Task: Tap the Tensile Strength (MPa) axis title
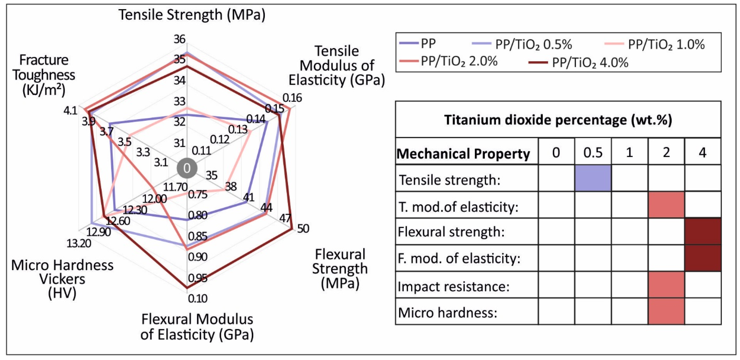192,15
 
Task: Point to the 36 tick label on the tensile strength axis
180,39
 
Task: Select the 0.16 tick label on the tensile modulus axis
292,98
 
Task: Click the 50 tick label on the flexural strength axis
303,229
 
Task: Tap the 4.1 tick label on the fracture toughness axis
70,111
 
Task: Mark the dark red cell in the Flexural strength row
703,232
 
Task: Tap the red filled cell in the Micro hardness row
666,311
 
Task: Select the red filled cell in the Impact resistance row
666,285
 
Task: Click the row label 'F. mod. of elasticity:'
459,259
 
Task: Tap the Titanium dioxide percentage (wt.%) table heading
558,120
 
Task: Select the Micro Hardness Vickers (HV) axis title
62,279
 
